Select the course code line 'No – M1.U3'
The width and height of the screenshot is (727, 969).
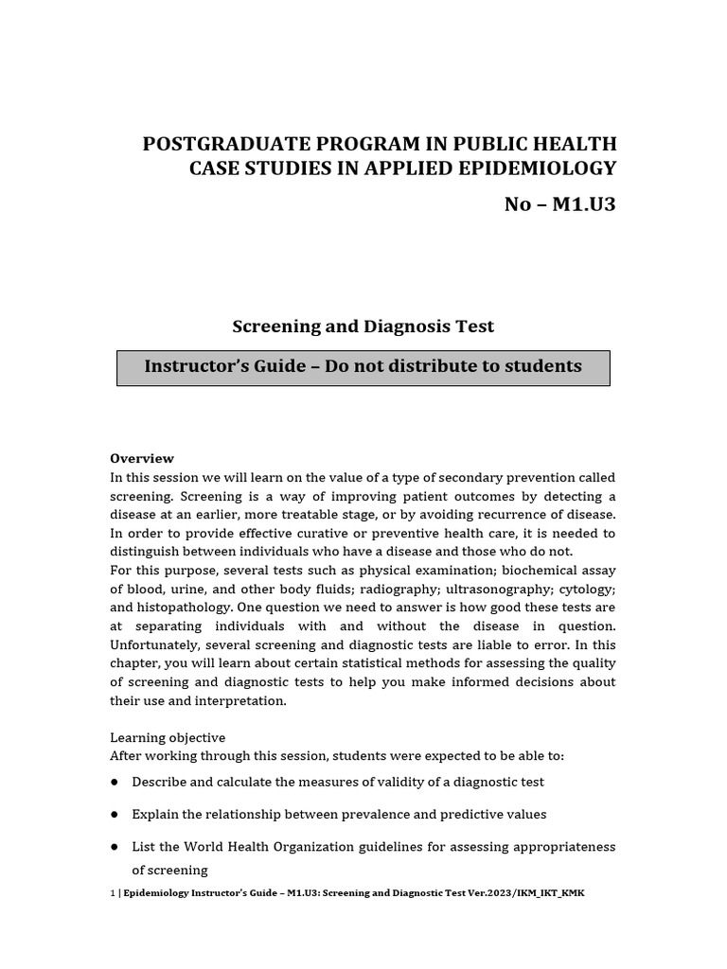(x=559, y=204)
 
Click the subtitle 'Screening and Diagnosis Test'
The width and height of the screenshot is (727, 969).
(x=363, y=326)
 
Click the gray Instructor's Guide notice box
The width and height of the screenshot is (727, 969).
(x=363, y=367)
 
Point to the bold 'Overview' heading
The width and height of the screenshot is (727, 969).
(x=142, y=458)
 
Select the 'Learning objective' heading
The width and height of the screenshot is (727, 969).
(x=168, y=737)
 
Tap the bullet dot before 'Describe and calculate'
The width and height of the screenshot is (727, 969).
(x=115, y=783)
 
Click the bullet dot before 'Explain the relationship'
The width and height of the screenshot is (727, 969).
(x=115, y=815)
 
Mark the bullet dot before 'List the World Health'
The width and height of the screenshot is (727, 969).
(x=115, y=847)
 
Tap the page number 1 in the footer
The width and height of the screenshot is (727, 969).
(x=113, y=893)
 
